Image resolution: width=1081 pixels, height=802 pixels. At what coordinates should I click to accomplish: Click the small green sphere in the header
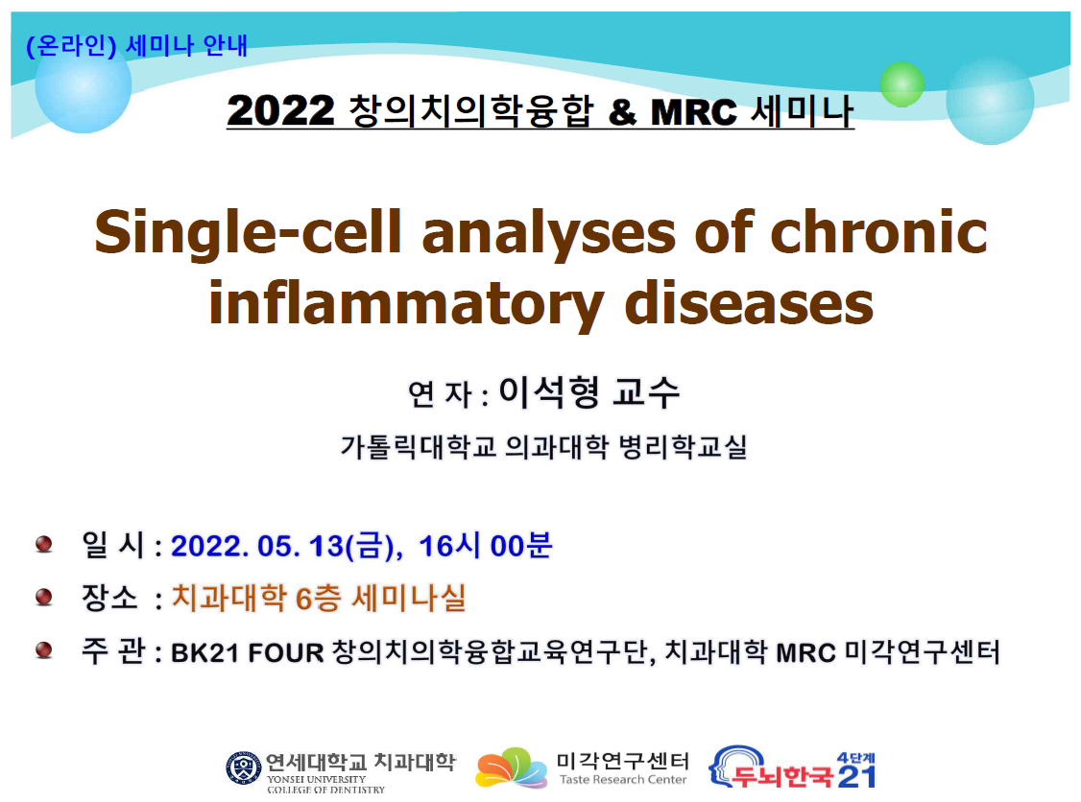901,84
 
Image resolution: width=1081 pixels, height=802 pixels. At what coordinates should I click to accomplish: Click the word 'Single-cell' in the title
249,233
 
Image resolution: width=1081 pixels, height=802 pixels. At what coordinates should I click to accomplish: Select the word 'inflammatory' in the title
407,304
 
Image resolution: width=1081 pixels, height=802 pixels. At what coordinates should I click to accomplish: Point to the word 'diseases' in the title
749,303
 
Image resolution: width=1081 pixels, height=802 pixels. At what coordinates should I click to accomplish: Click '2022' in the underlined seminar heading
280,111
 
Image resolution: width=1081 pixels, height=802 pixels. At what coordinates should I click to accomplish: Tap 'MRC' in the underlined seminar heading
693,112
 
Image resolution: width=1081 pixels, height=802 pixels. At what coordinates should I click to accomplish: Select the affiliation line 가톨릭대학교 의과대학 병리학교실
544,447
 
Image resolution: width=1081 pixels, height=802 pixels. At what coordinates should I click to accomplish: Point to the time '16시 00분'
486,546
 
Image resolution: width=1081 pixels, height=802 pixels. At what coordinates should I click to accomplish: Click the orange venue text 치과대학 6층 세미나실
319,598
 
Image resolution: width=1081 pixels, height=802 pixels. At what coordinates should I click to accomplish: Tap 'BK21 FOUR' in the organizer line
248,652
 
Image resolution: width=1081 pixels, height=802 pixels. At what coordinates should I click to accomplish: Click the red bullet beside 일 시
44,544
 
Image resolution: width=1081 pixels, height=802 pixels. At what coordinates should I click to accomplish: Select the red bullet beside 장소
44,597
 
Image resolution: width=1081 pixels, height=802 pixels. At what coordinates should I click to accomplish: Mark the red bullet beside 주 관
44,649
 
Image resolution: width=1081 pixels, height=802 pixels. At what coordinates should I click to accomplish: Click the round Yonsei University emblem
243,767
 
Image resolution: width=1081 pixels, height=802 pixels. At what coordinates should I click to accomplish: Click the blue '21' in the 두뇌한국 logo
856,776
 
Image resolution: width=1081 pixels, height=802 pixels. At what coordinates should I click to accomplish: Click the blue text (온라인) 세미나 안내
136,46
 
